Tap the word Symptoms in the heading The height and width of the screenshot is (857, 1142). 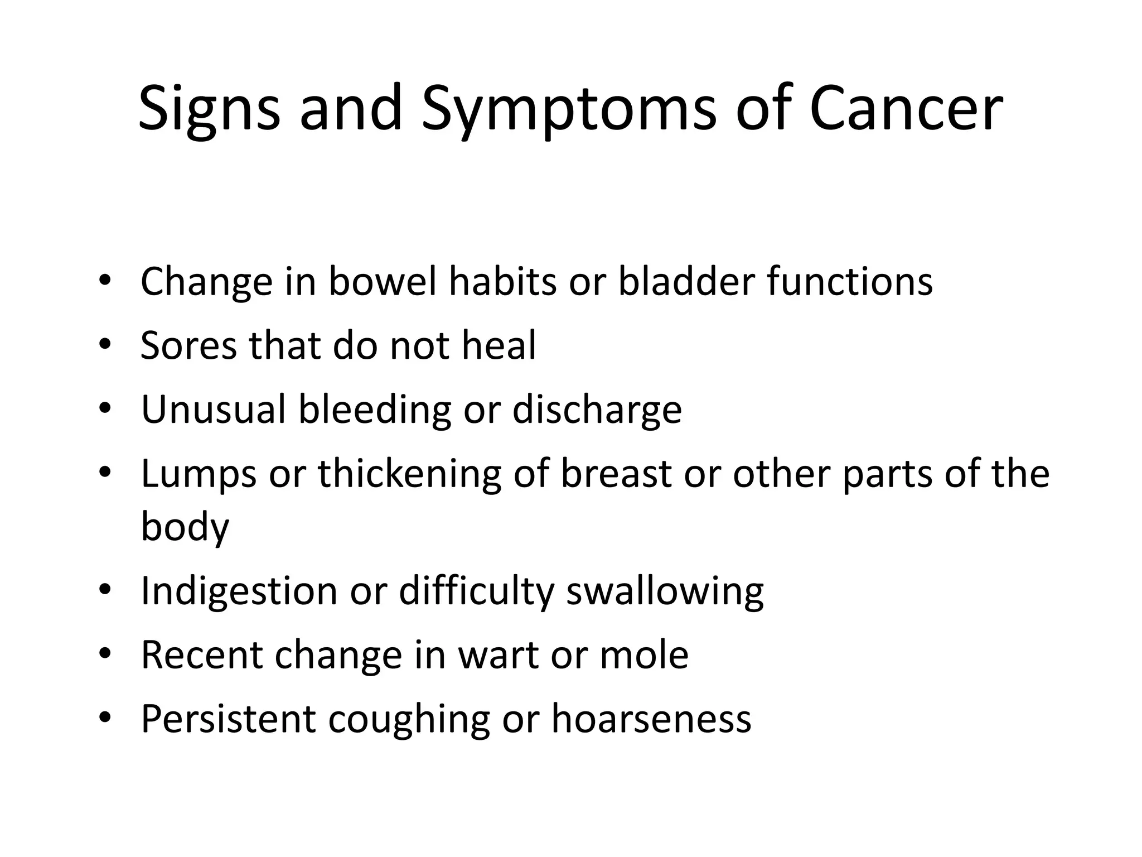[x=568, y=110]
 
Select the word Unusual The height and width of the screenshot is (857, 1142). [x=214, y=410]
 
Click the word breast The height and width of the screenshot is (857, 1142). [x=616, y=474]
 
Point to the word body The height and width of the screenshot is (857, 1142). [x=185, y=527]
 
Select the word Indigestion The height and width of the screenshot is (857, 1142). [x=239, y=592]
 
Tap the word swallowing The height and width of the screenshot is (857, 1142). [x=665, y=592]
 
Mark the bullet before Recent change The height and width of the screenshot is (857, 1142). [x=104, y=654]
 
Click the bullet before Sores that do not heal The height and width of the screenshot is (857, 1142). [x=104, y=345]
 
